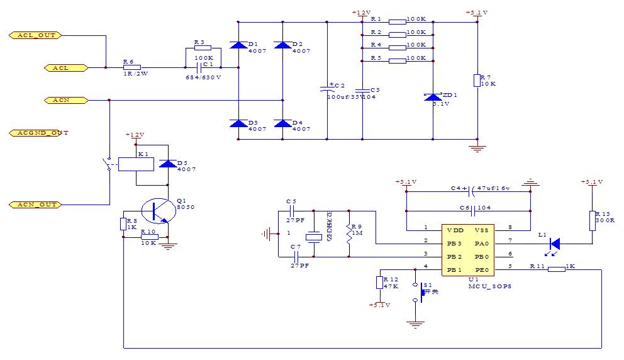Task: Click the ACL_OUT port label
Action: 35,35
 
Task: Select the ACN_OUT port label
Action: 35,205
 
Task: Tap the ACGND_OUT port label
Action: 39,133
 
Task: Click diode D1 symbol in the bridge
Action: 238,45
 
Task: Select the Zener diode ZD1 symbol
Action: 433,97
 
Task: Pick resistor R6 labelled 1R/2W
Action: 131,67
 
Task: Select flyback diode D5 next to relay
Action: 167,164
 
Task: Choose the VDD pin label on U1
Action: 455,230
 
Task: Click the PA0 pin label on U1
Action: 482,243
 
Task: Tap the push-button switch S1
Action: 417,293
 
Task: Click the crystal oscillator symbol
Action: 313,237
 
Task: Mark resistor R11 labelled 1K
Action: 556,269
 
